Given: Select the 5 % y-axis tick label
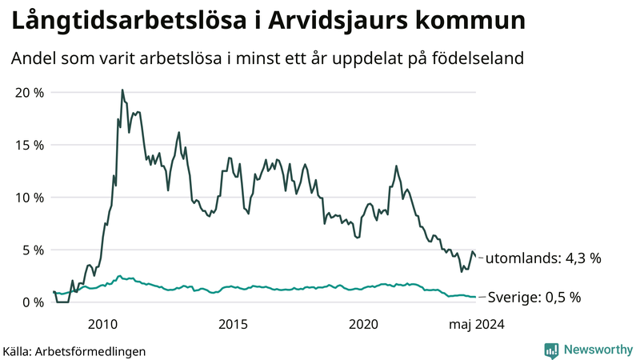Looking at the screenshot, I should tap(31, 250).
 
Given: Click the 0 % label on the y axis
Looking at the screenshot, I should tap(31, 302).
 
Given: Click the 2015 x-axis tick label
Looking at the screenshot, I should tap(234, 324).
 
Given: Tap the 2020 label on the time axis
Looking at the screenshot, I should tap(364, 324).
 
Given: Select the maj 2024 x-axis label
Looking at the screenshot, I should tap(476, 324).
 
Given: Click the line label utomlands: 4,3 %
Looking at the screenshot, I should tap(543, 258).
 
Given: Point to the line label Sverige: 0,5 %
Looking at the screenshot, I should tap(534, 298).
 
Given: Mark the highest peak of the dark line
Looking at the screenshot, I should tap(122, 90).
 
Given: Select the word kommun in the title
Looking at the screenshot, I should tap(479, 22).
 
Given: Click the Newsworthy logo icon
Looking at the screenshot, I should tap(551, 350).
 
